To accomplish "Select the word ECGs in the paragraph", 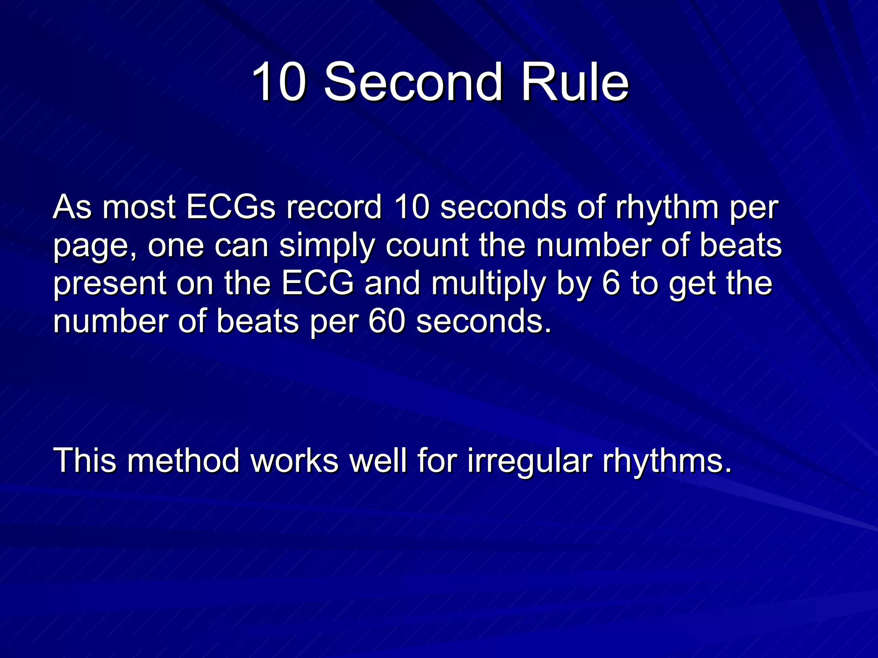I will [231, 207].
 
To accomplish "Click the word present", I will [110, 284].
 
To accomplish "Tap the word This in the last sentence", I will [84, 461].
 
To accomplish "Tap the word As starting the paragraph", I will [72, 207].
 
